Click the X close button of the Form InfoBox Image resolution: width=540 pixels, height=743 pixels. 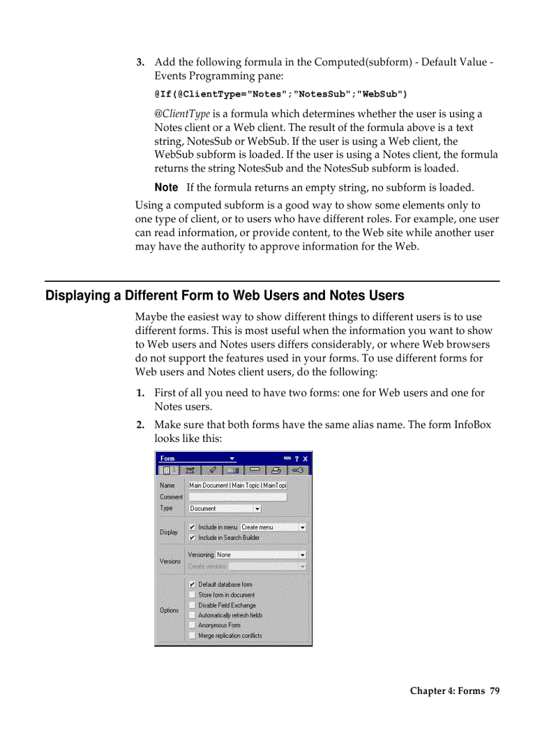pyautogui.click(x=306, y=459)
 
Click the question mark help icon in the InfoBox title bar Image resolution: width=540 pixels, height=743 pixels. pyautogui.click(x=296, y=459)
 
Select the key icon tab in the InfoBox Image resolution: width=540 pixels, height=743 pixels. pyautogui.click(x=300, y=470)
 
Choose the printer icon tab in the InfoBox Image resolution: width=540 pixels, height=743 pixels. pyautogui.click(x=277, y=470)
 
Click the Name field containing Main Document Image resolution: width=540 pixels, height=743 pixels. pyautogui.click(x=238, y=486)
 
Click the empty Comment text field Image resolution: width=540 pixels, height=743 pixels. pyautogui.click(x=238, y=497)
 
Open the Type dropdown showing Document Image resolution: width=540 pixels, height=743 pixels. pyautogui.click(x=225, y=509)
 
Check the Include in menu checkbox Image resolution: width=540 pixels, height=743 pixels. pyautogui.click(x=192, y=527)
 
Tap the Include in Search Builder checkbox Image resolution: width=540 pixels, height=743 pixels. pyautogui.click(x=192, y=538)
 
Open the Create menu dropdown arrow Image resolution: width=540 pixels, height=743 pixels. pyautogui.click(x=302, y=527)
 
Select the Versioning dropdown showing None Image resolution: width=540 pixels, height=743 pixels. pyautogui.click(x=261, y=555)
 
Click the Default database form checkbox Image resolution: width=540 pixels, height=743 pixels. pyautogui.click(x=192, y=585)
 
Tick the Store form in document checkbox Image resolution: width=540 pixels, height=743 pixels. pyautogui.click(x=192, y=595)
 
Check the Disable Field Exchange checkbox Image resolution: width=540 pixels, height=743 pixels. pyautogui.click(x=192, y=605)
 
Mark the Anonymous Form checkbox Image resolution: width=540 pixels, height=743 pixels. pyautogui.click(x=192, y=625)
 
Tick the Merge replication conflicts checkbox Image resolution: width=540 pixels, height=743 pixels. pyautogui.click(x=192, y=636)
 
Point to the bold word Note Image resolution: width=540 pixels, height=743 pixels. pyautogui.click(x=166, y=188)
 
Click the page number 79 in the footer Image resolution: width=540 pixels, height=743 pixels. pyautogui.click(x=494, y=691)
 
